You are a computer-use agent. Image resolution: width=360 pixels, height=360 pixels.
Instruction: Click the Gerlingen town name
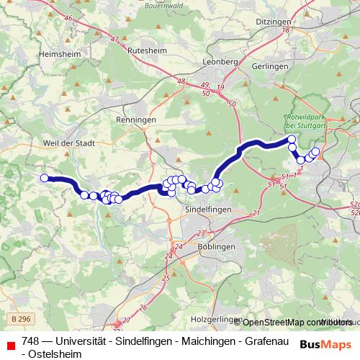tap(270, 66)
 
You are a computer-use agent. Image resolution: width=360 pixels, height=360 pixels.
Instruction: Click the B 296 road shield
tap(22, 318)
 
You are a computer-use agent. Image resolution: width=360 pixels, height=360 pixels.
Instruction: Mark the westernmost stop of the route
tap(45, 178)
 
